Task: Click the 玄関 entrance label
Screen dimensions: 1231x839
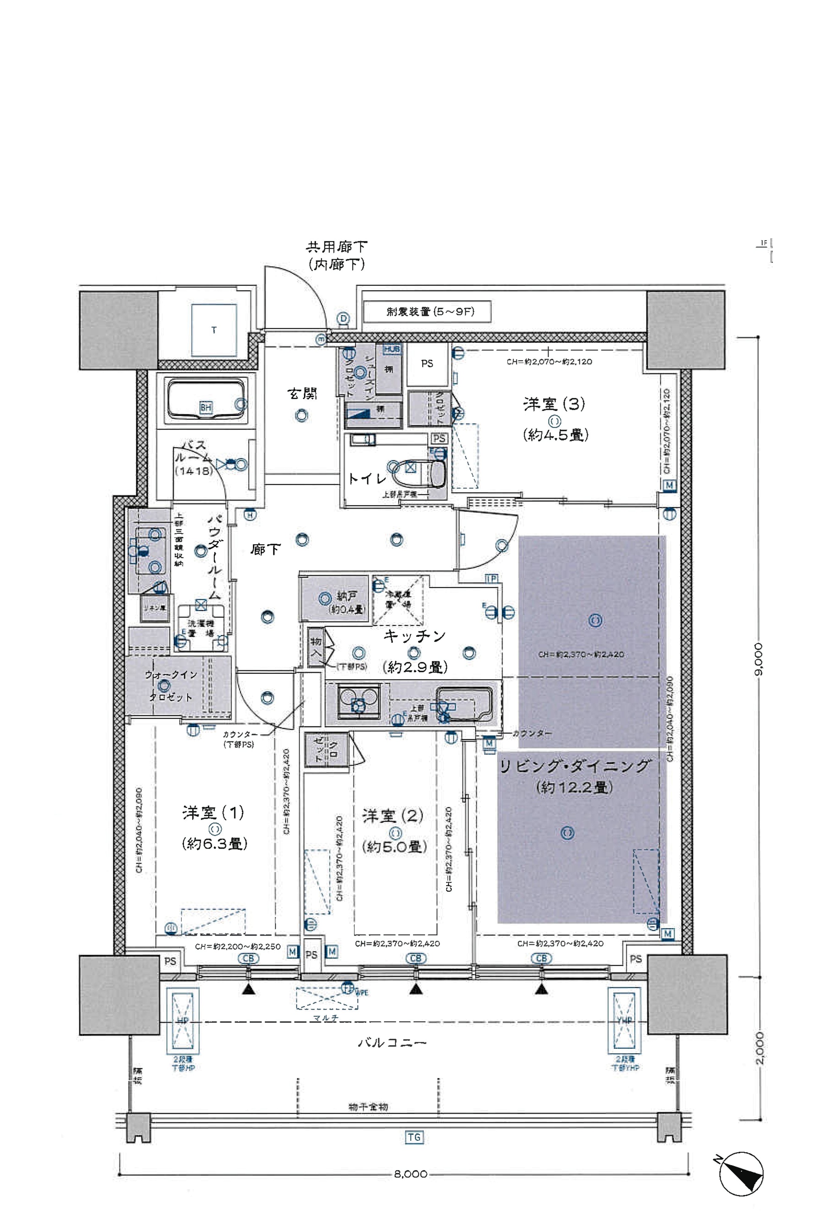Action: (302, 394)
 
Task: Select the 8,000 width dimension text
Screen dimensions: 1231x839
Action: (411, 1174)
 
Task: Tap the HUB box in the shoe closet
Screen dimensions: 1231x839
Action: (392, 350)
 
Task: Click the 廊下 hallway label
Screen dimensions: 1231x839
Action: (265, 549)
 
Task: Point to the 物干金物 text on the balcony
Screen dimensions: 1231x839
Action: (368, 1107)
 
